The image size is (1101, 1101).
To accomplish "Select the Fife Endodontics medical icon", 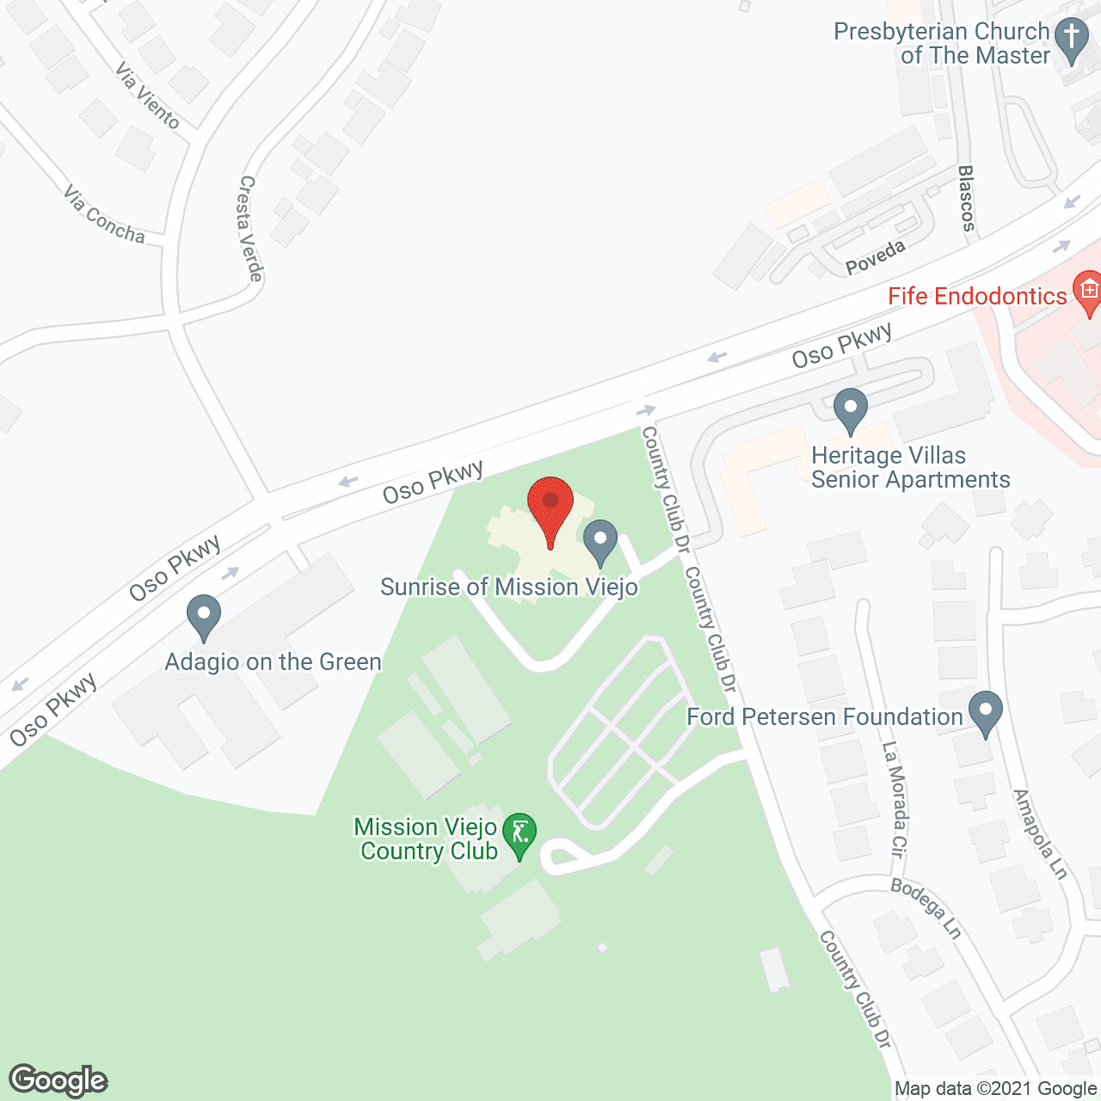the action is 1088,292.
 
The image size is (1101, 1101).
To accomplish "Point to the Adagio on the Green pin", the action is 204,616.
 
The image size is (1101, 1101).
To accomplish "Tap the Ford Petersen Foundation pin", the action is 986,713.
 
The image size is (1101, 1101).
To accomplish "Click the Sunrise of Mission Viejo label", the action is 509,587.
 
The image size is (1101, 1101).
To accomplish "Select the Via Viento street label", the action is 148,96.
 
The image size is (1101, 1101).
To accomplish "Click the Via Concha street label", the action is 104,214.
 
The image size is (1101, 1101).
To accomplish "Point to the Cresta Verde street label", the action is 250,229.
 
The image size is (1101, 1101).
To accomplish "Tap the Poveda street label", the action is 876,257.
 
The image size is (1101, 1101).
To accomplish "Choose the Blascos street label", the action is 967,199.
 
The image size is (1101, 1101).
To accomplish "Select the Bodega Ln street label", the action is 926,908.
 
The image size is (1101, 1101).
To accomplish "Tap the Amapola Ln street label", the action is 1040,834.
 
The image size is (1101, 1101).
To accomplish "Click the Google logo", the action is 58,1080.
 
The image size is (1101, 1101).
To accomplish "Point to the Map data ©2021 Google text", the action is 996,1089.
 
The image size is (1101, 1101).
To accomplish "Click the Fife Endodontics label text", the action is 977,297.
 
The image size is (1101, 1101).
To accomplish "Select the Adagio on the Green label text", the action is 273,662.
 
